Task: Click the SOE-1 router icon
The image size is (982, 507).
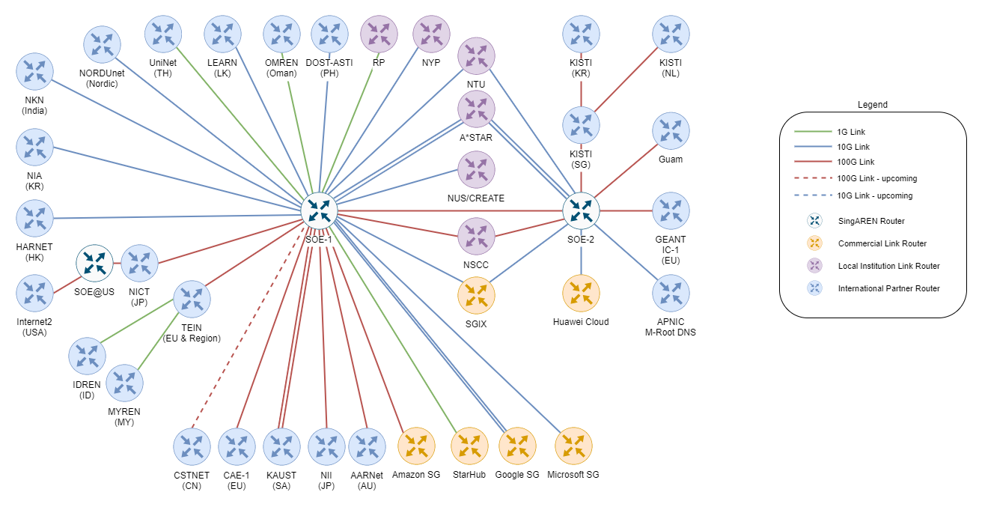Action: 319,211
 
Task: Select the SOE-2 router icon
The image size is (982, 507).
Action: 581,211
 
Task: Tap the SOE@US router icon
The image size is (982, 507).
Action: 94,263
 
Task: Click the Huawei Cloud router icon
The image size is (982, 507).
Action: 581,294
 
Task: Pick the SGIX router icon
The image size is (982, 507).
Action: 476,296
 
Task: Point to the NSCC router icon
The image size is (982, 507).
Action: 476,237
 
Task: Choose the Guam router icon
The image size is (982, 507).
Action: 671,131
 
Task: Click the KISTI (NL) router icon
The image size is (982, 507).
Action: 671,34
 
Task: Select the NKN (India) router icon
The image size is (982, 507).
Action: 34,71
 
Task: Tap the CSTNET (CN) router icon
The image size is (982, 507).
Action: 192,447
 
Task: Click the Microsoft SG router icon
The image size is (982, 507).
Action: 573,446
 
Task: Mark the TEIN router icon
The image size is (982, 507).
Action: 192,299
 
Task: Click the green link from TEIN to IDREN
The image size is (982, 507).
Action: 137,321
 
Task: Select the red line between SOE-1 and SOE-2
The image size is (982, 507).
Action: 451,211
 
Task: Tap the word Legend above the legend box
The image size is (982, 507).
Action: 873,105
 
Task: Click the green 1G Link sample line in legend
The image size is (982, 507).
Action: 813,132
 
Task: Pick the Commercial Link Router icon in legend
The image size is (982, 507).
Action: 814,243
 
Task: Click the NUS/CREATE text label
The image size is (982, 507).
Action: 476,198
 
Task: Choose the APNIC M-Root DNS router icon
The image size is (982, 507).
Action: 671,294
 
